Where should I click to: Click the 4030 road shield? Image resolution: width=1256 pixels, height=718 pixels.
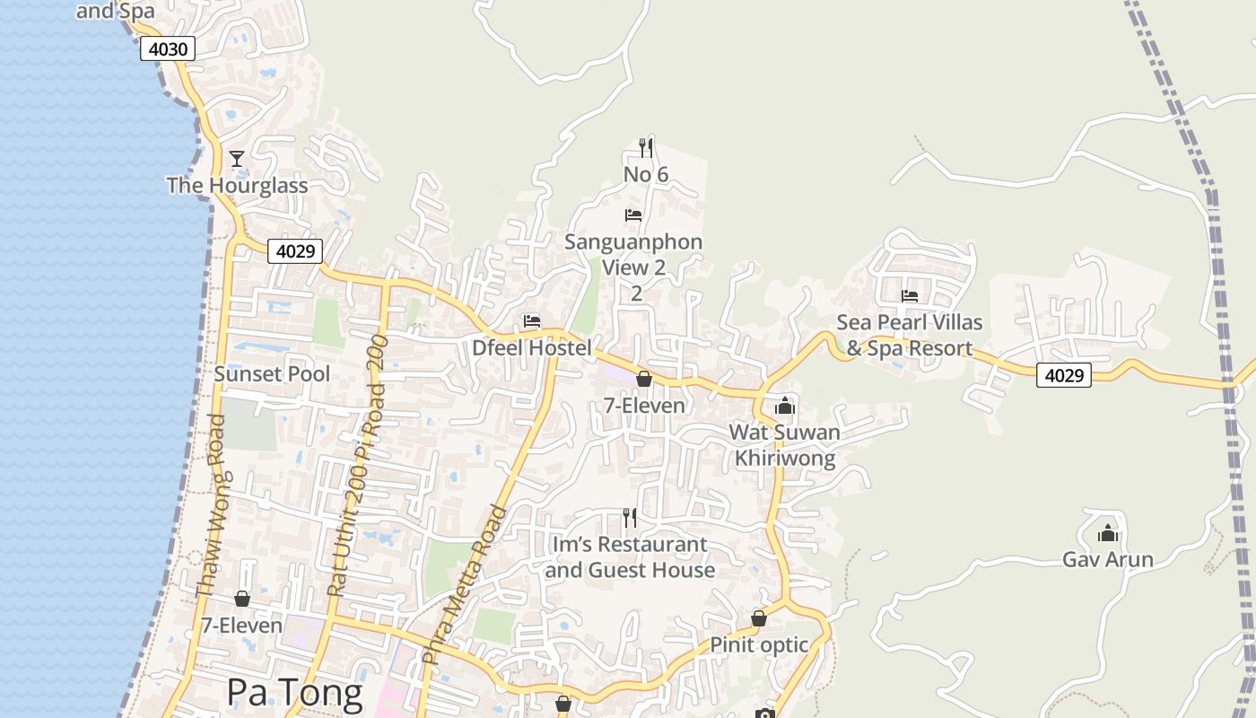pyautogui.click(x=168, y=48)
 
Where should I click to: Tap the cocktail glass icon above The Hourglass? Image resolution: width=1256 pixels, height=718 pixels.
pyautogui.click(x=237, y=159)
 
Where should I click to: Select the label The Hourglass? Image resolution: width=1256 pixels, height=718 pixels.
pyautogui.click(x=237, y=186)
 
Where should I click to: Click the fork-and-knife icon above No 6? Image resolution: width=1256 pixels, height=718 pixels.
pyautogui.click(x=645, y=147)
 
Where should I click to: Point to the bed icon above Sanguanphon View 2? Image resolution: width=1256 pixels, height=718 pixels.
pyautogui.click(x=633, y=215)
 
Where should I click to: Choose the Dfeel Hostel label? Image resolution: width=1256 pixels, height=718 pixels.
pyautogui.click(x=532, y=348)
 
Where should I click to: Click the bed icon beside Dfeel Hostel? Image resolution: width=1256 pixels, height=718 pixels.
pyautogui.click(x=532, y=321)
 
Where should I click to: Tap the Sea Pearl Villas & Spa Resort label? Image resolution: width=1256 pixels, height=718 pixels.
pyautogui.click(x=910, y=335)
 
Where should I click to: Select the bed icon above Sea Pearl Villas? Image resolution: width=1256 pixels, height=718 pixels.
pyautogui.click(x=910, y=296)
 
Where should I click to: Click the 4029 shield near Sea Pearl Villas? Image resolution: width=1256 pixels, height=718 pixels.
pyautogui.click(x=1064, y=375)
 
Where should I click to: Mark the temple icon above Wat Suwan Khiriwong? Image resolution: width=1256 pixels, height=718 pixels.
pyautogui.click(x=785, y=406)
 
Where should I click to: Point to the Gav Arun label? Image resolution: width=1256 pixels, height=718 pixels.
pyautogui.click(x=1108, y=560)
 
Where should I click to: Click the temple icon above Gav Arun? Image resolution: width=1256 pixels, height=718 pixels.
pyautogui.click(x=1108, y=533)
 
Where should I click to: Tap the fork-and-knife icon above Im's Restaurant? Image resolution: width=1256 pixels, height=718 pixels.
pyautogui.click(x=630, y=517)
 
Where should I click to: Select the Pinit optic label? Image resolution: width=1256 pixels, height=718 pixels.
pyautogui.click(x=759, y=644)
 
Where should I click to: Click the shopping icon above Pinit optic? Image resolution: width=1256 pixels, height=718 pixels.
pyautogui.click(x=759, y=618)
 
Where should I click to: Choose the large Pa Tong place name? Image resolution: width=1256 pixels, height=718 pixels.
pyautogui.click(x=294, y=692)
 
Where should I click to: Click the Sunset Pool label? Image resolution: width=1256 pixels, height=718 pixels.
pyautogui.click(x=272, y=374)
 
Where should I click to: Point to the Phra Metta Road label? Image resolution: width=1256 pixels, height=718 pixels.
pyautogui.click(x=465, y=585)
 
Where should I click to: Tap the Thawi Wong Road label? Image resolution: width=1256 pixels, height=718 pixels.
pyautogui.click(x=210, y=507)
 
